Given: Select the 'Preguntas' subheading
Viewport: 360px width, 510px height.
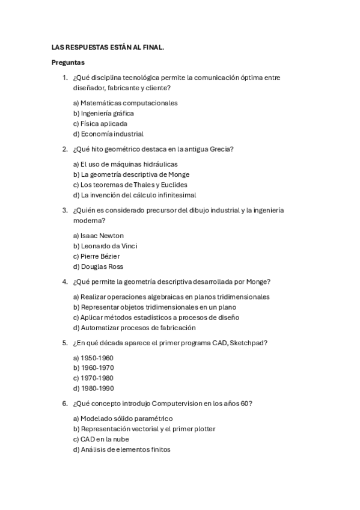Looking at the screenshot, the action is click(68, 62).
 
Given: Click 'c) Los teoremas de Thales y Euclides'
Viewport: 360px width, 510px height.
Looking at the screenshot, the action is click(130, 185).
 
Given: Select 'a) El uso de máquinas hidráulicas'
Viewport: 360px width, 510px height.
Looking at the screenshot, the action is click(125, 164).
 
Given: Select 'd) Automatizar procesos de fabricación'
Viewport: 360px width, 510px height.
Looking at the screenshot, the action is click(134, 328).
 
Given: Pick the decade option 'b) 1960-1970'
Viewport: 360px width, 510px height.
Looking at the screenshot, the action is click(93, 368).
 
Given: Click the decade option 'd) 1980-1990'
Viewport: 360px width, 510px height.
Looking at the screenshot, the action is click(93, 389).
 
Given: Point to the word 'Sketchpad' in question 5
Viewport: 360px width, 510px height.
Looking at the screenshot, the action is click(249, 343).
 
